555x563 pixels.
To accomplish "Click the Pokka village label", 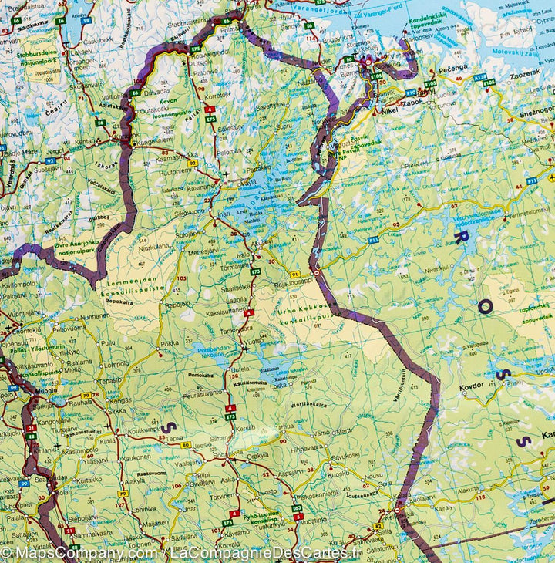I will (x=170, y=342).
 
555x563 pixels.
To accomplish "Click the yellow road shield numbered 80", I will (x=186, y=445).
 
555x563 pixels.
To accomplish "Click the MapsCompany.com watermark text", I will (x=78, y=552).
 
